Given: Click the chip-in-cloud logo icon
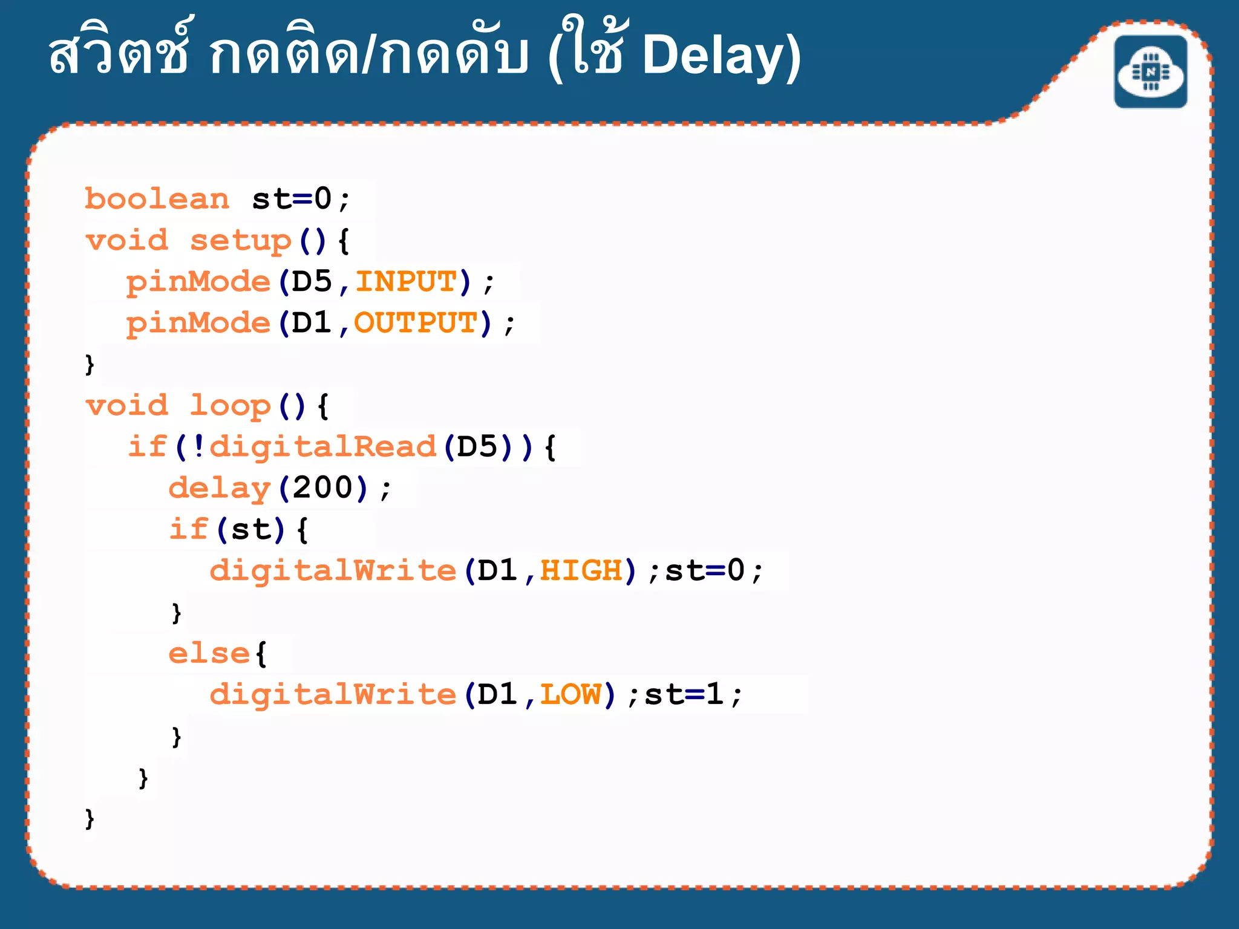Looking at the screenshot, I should (x=1151, y=72).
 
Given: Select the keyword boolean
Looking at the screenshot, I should (x=157, y=199).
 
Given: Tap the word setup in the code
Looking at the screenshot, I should (x=241, y=241).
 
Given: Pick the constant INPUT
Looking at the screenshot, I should (x=406, y=282).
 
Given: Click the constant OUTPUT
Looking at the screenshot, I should (x=416, y=323).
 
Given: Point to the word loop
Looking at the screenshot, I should (x=230, y=406).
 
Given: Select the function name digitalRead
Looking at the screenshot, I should (x=322, y=447).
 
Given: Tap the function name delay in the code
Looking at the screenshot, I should (x=219, y=488).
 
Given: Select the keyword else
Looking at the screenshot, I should (x=209, y=653).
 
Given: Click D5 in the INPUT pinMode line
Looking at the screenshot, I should (x=312, y=282).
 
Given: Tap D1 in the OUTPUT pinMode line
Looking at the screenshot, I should (x=312, y=323).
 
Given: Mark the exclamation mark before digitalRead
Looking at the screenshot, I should (x=198, y=447).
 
